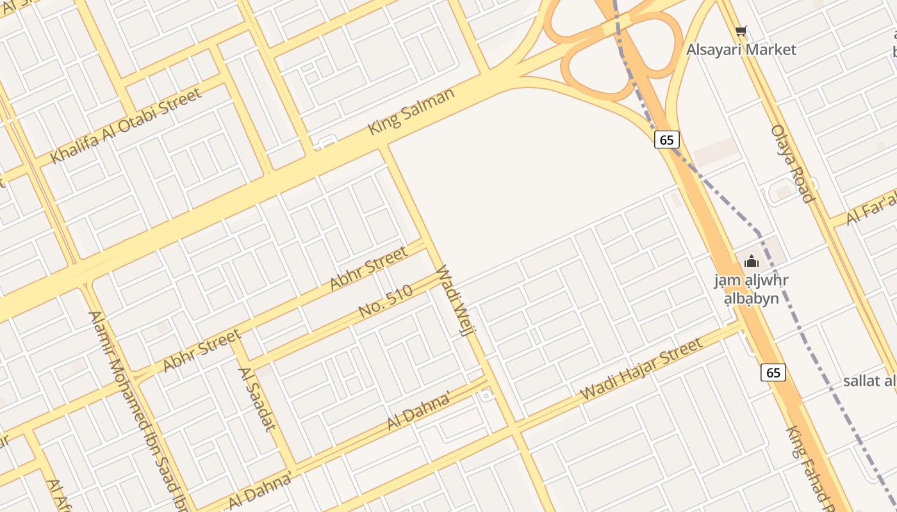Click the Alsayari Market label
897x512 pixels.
[741, 49]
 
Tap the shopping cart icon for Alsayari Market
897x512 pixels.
[741, 31]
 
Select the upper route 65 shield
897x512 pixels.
[667, 140]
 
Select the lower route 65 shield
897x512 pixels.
[773, 372]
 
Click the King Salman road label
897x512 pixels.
[411, 111]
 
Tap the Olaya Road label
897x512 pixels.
[792, 163]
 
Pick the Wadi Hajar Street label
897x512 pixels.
[641, 369]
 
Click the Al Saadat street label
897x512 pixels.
[256, 398]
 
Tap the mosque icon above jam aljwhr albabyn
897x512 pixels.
[752, 261]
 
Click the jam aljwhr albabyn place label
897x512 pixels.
[751, 289]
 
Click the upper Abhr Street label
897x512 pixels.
[368, 268]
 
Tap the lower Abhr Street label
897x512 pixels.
[201, 350]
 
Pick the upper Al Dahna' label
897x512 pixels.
[419, 412]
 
